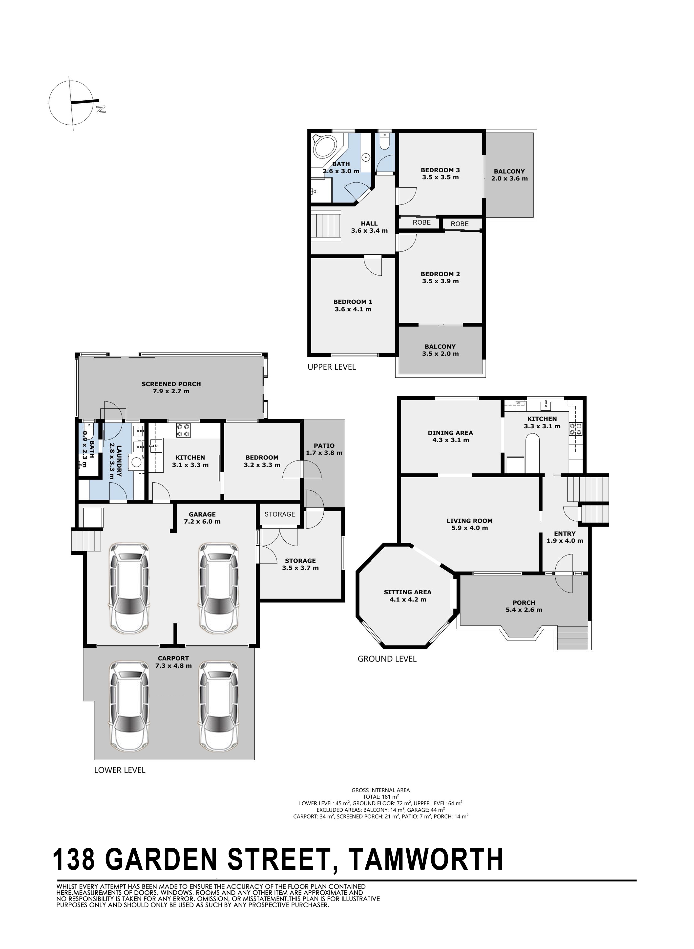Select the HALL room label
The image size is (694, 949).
click(369, 223)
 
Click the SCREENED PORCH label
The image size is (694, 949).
click(171, 384)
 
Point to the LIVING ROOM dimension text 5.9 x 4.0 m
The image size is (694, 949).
click(470, 528)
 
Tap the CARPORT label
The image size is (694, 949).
click(173, 658)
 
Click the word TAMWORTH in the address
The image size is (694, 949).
click(426, 859)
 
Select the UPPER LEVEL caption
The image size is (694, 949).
click(332, 367)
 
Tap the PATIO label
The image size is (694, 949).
click(324, 445)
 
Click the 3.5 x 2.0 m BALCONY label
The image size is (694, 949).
click(440, 350)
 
